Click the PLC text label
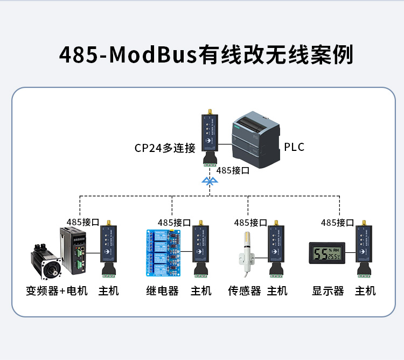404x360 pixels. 294,147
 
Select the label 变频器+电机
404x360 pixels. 57,291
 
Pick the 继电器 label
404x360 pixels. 162,291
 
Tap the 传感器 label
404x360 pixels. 245,291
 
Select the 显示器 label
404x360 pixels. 328,291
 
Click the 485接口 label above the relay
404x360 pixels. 174,222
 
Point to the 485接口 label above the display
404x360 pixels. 337,222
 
